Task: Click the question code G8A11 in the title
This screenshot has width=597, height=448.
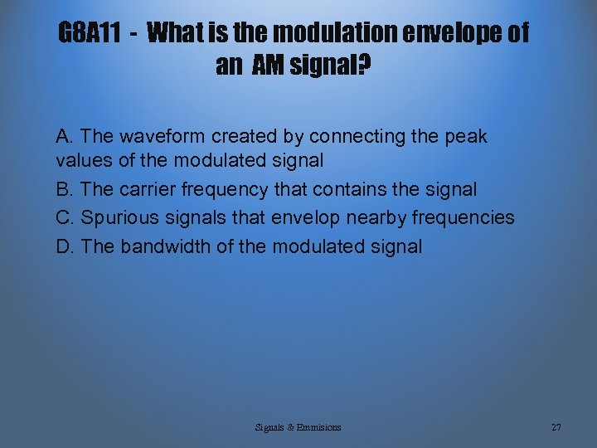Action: point(92,34)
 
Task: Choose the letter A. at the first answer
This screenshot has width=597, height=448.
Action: point(66,136)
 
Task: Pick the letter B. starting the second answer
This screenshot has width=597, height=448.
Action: point(66,190)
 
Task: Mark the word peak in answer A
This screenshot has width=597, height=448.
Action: point(468,136)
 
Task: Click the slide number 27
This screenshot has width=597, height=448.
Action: point(556,427)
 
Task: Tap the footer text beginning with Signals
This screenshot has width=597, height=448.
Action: point(298,427)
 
